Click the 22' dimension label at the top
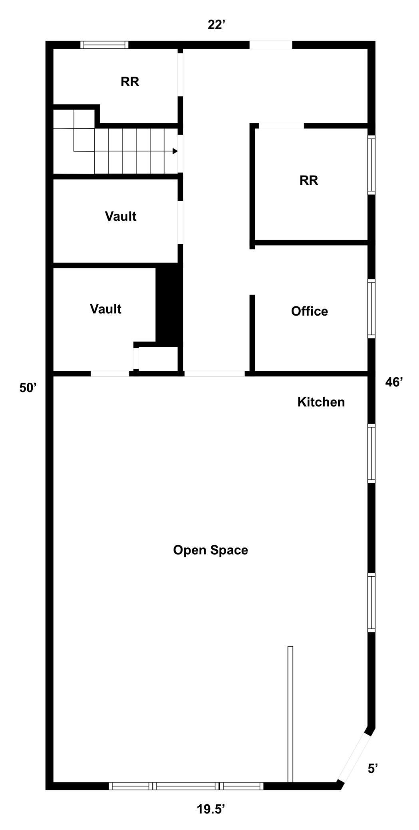(216, 25)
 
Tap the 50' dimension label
(28, 387)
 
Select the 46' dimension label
(394, 382)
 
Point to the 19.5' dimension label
(210, 809)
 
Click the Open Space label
(210, 550)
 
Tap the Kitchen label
(321, 402)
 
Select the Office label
(310, 311)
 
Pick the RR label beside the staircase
(130, 82)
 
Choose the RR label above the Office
(309, 180)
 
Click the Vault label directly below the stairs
(121, 216)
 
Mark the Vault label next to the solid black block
(105, 309)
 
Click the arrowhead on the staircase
(175, 151)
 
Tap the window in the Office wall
(371, 309)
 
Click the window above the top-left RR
(105, 45)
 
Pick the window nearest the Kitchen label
(371, 453)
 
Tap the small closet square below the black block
(158, 358)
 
